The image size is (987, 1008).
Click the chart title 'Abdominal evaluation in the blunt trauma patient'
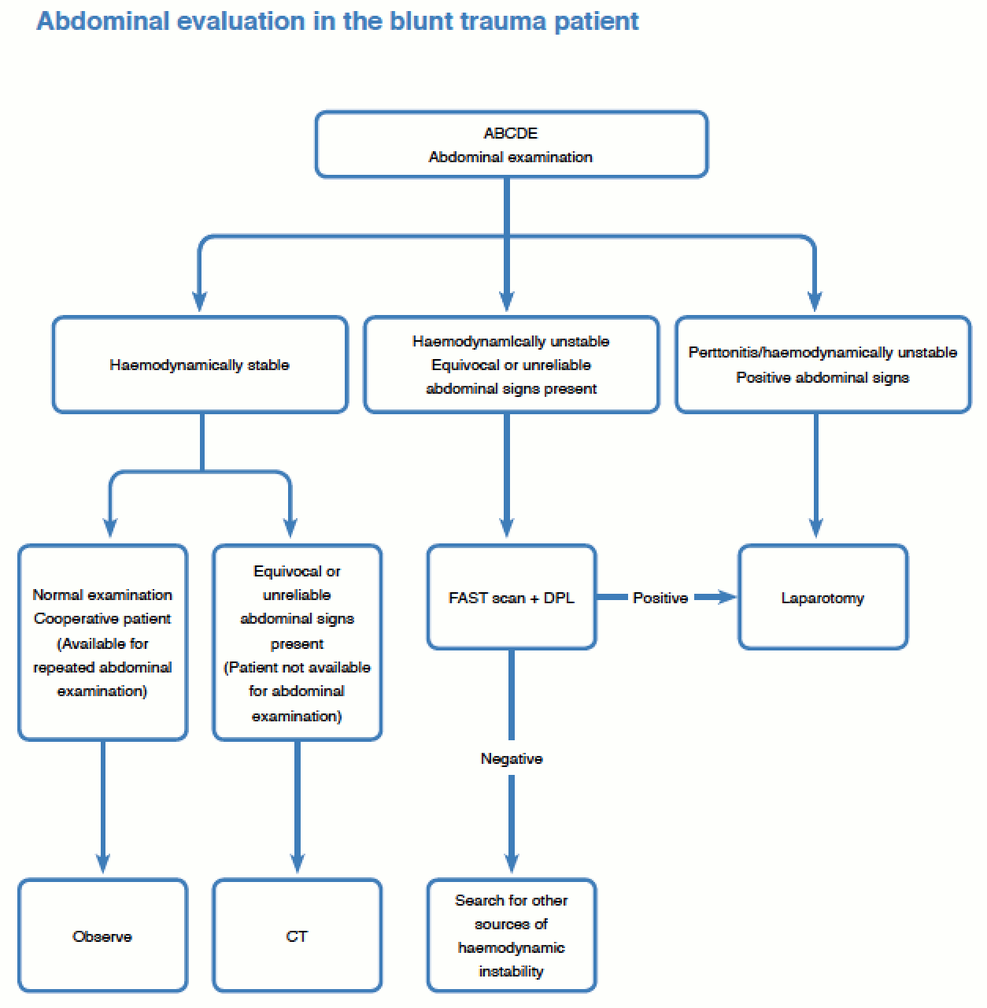pos(338,21)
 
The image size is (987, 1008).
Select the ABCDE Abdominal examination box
pos(511,145)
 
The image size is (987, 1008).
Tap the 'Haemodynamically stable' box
pos(200,365)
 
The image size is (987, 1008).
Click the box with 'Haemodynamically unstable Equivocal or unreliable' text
pos(511,365)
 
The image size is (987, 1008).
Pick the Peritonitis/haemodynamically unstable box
pos(823,365)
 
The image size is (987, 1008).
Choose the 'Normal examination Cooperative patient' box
pos(102,642)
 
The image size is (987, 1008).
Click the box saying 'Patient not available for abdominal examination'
pos(297,642)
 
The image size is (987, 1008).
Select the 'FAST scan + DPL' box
pos(511,598)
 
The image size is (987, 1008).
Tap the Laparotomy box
pos(823,598)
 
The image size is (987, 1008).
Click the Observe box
pos(102,936)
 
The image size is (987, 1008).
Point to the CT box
pos(297,936)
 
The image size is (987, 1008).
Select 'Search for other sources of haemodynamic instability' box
pos(511,936)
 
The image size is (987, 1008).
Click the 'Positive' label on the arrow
pos(660,598)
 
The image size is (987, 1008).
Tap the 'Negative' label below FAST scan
pos(511,758)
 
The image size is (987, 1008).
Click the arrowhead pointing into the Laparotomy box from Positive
pos(726,598)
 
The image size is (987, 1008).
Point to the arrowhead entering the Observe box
pos(102,864)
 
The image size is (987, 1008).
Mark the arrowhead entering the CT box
pos(297,864)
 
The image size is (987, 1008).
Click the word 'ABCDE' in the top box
pos(511,133)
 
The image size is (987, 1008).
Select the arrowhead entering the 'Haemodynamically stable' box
pos(200,302)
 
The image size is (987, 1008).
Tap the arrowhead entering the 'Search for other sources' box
pos(511,864)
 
